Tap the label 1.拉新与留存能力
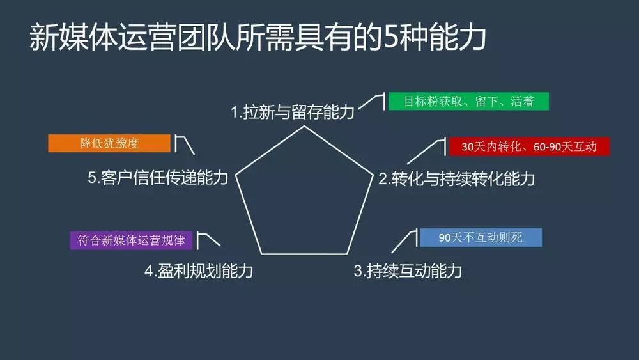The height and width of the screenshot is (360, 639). click(292, 113)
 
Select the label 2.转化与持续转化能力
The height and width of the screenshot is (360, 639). click(456, 179)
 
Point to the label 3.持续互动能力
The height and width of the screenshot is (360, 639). click(408, 270)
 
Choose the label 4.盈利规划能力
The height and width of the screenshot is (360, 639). click(199, 270)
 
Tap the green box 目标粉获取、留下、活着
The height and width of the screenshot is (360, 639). click(469, 101)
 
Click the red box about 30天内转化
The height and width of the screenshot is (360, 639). click(529, 146)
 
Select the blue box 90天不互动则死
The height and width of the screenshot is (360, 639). click(481, 237)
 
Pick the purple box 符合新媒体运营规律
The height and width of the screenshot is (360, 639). click(131, 240)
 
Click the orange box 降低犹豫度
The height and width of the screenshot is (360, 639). click(109, 143)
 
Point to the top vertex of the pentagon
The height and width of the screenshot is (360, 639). click(304, 126)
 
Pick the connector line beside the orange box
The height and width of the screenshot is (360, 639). click(185, 143)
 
